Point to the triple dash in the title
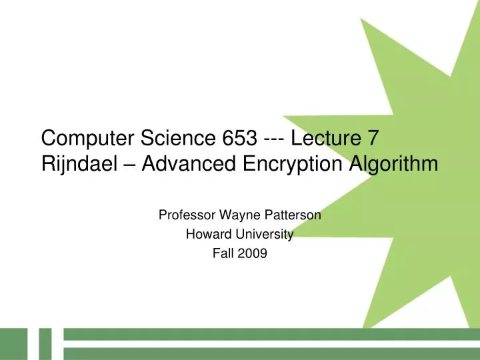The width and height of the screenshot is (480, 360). click(x=275, y=139)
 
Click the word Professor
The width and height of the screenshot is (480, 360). click(x=182, y=215)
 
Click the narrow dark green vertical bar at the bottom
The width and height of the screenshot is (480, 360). click(x=44, y=344)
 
